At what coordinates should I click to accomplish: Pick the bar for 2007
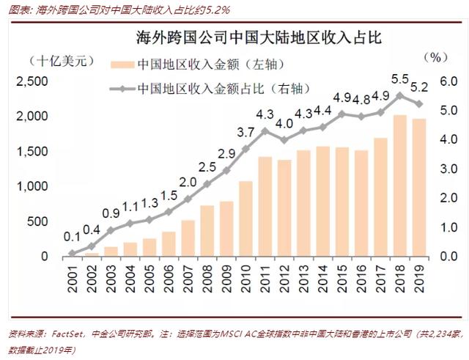(x=188, y=238)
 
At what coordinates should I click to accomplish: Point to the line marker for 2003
(x=111, y=230)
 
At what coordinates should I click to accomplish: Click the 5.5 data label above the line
(x=400, y=78)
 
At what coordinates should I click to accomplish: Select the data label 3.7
(x=246, y=132)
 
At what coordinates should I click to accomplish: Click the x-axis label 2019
(x=419, y=279)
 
